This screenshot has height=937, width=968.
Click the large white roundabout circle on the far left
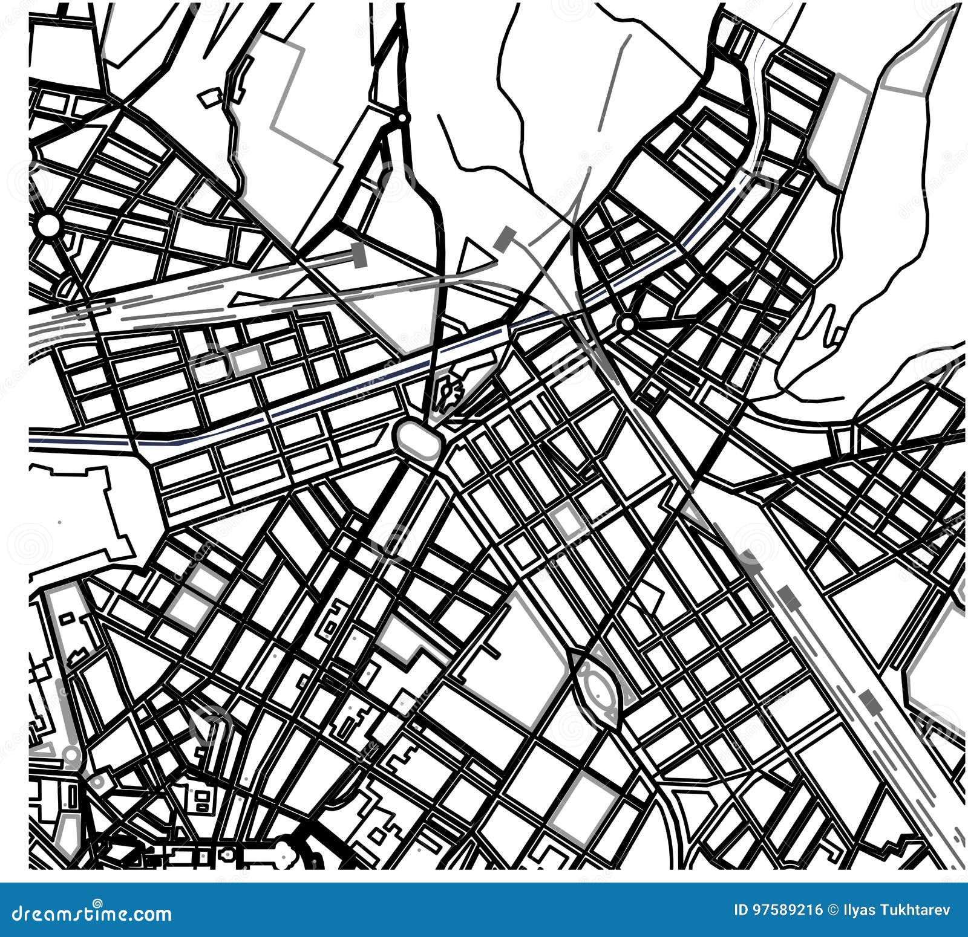click(48, 225)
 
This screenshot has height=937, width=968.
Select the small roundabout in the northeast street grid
click(627, 324)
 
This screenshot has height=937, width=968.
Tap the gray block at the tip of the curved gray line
click(503, 239)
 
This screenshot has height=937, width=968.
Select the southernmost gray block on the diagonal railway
click(870, 701)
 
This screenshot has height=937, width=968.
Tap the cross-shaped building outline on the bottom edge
click(228, 854)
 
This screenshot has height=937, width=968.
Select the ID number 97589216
click(787, 910)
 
